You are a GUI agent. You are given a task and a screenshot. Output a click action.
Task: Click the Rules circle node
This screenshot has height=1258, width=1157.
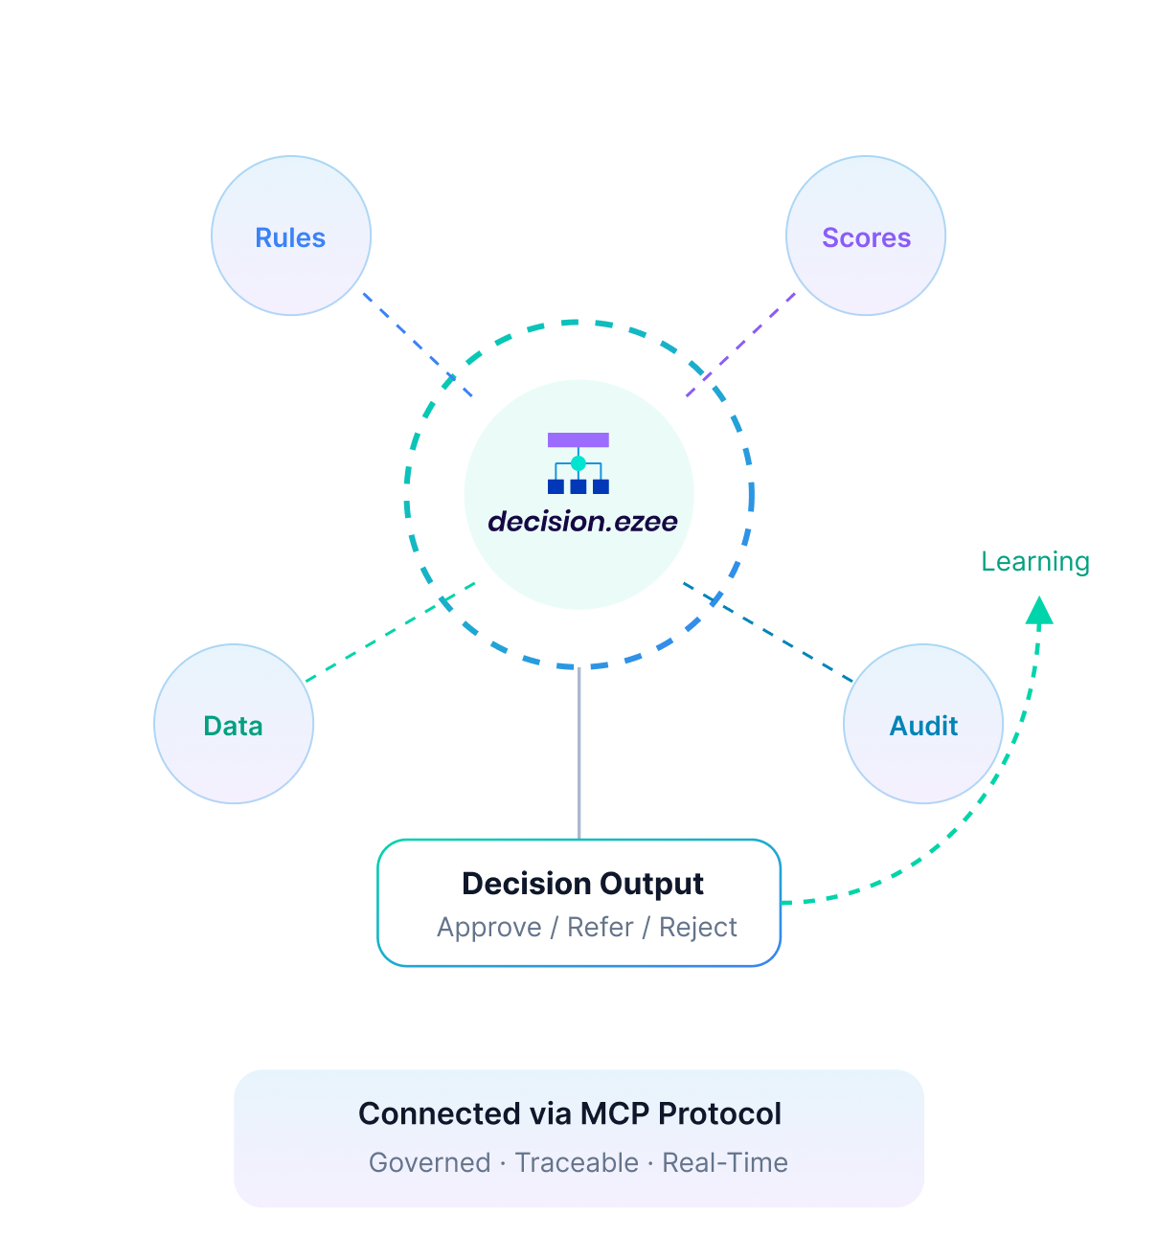pos(291,236)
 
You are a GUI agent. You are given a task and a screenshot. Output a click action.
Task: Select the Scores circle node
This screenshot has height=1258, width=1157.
pos(866,236)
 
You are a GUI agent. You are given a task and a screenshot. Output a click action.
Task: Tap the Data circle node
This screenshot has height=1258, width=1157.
pos(234,725)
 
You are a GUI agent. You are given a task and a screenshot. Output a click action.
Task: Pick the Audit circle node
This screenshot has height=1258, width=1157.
pos(923,725)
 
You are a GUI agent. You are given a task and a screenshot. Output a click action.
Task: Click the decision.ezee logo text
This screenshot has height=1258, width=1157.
pos(582,522)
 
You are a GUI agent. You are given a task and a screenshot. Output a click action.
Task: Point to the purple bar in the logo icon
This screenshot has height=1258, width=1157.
pos(578,440)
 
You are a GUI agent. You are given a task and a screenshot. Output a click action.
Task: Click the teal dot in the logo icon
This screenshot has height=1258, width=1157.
pos(578,463)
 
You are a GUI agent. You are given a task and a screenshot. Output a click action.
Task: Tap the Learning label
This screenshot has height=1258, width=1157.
pos(1035,562)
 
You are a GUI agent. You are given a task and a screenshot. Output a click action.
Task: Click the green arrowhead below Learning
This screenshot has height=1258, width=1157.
pos(1039,611)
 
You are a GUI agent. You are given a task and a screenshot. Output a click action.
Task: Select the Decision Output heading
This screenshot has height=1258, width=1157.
pos(582,884)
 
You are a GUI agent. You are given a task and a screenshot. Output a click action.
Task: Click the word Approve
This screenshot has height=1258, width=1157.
pos(489,928)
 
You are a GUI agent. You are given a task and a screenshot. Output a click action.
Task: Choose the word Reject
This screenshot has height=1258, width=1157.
pos(698,928)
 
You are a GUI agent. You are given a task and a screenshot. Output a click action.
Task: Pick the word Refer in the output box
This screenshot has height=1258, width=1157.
pos(601,928)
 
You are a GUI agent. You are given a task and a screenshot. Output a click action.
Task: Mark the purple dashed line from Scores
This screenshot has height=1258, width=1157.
pos(740,345)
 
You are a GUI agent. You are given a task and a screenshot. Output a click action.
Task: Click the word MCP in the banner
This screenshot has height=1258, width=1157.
pos(616,1114)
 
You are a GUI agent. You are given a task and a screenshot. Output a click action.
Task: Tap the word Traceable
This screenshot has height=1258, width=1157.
pos(577,1163)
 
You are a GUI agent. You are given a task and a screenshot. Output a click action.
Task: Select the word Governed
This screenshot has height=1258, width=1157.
pos(430,1163)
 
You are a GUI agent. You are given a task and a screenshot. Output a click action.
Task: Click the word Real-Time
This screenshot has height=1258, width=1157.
pos(725,1163)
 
